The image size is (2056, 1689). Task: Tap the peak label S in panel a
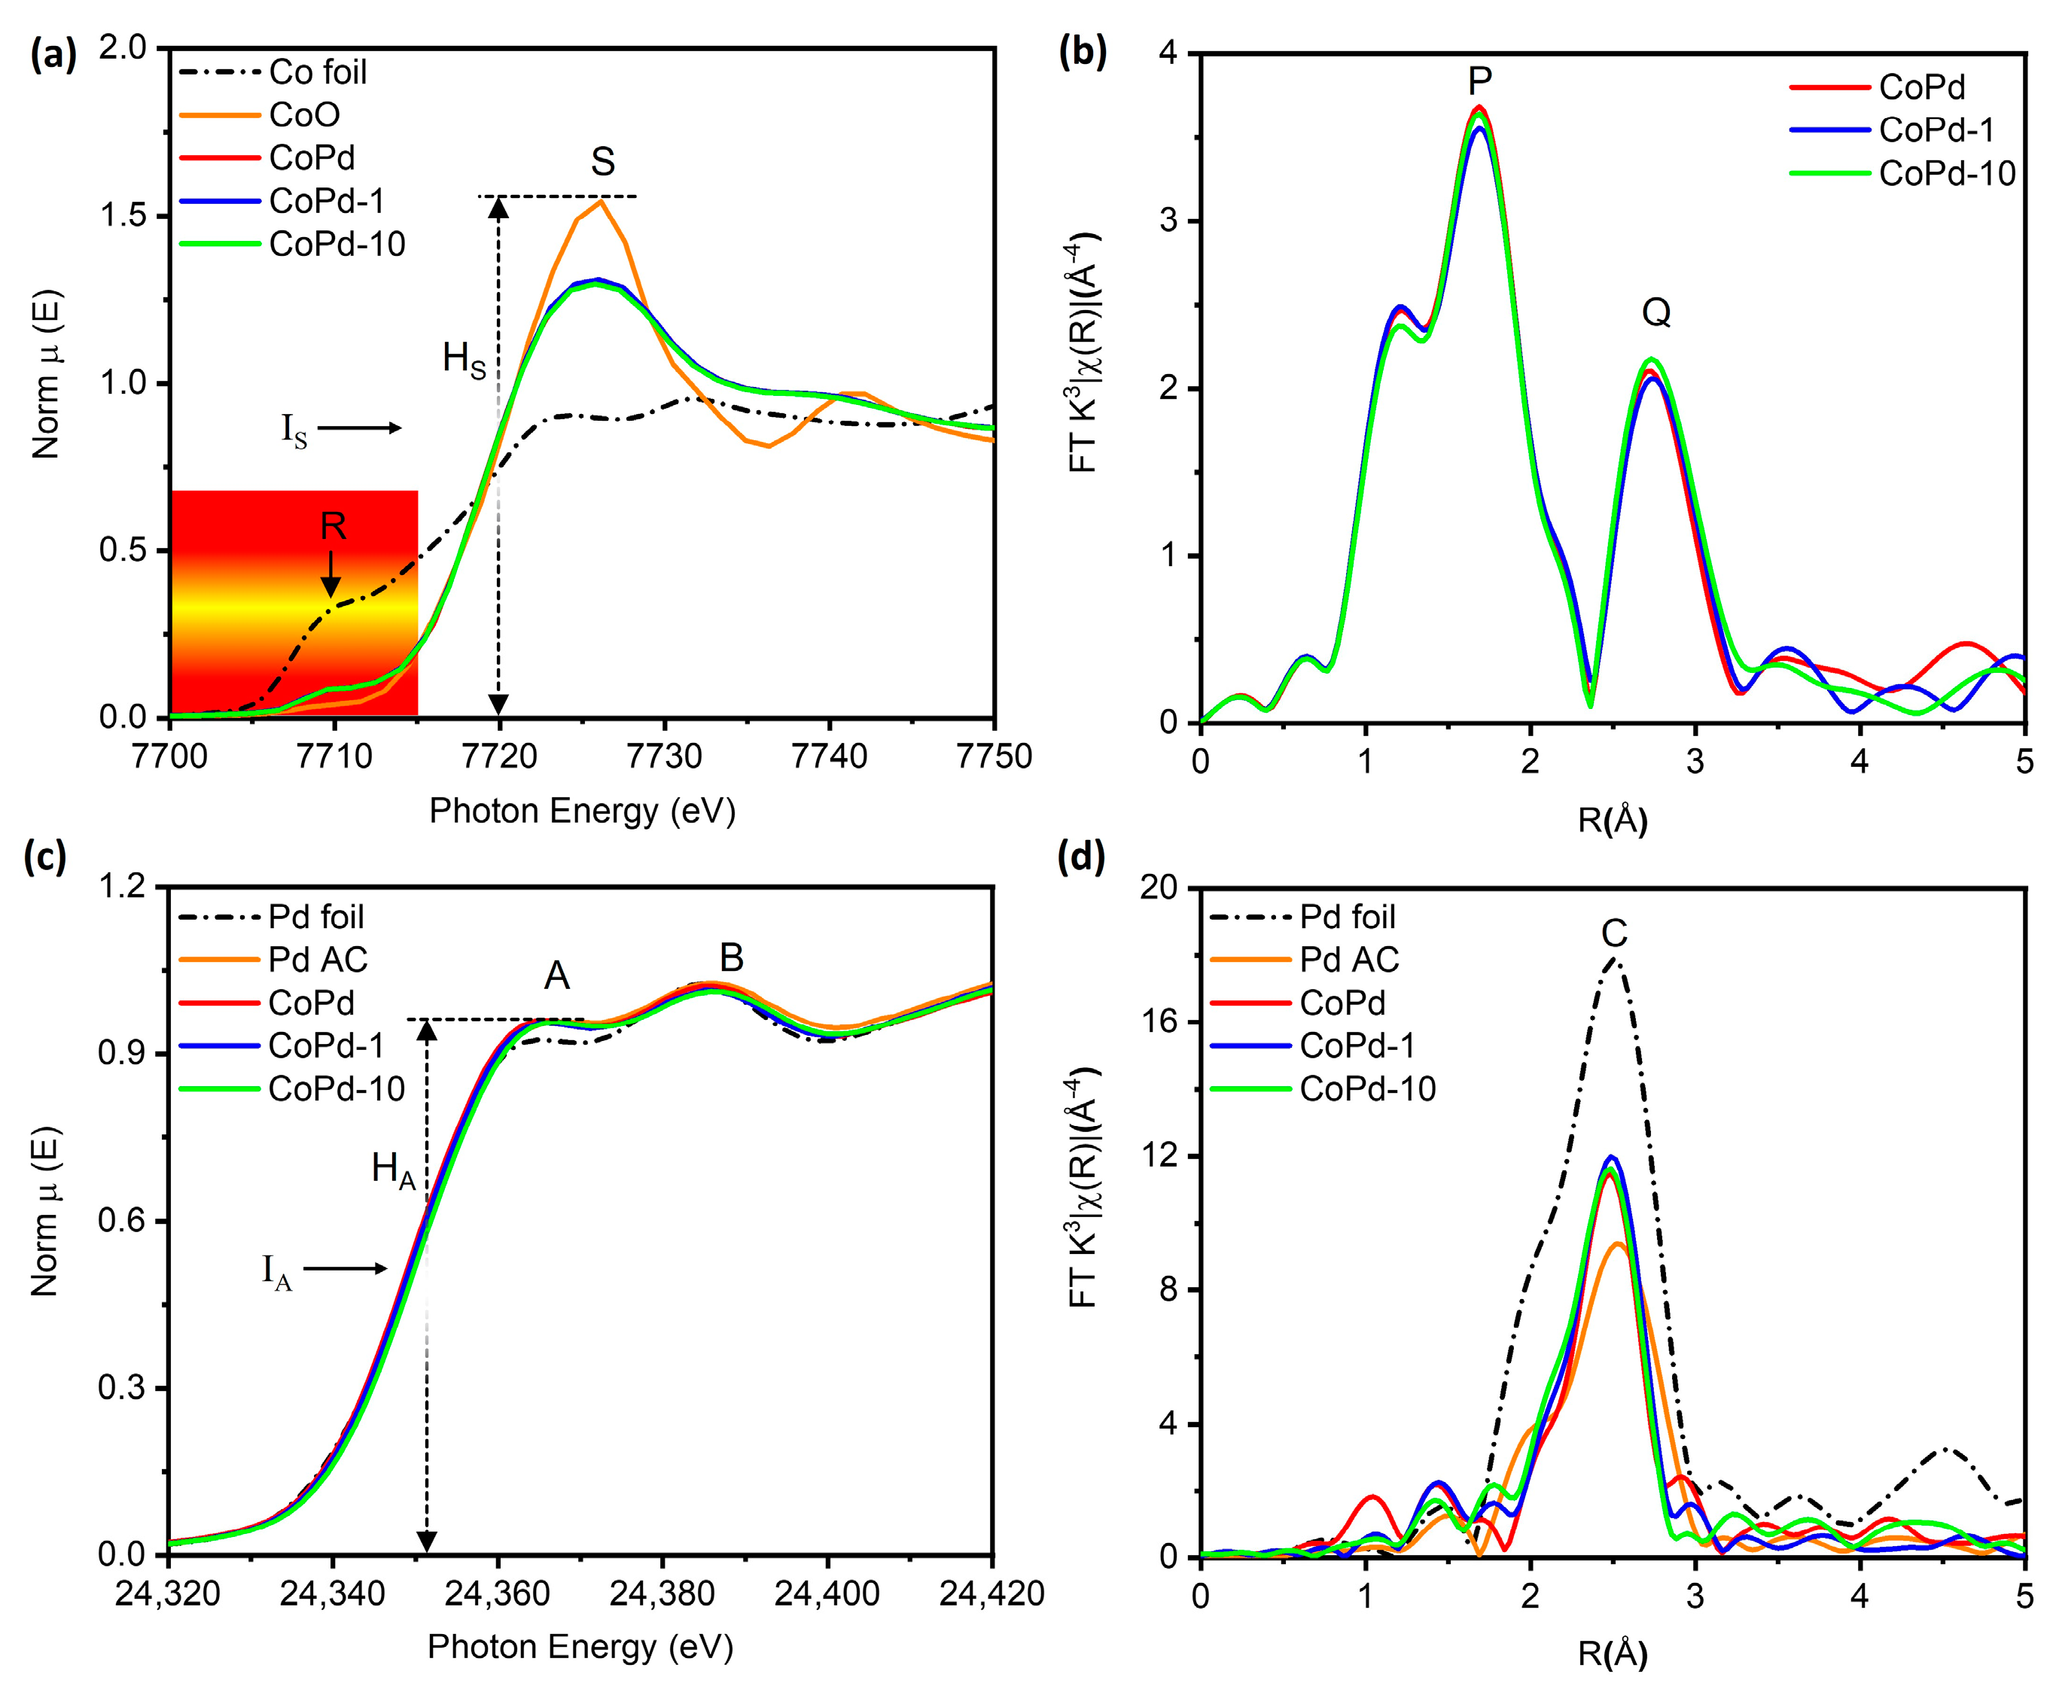(602, 162)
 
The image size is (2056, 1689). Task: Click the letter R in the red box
(333, 526)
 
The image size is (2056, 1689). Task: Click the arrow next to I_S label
(358, 428)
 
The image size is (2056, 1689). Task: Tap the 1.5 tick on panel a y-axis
(124, 215)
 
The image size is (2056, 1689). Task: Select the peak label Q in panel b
(1656, 313)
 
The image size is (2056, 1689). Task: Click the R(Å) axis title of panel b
(1613, 821)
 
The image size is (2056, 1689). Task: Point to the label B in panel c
(731, 957)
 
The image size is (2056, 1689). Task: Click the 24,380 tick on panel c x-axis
(662, 1593)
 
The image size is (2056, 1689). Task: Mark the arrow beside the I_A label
(345, 1269)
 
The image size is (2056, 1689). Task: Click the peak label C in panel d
(1614, 934)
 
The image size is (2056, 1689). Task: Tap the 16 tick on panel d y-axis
(1168, 1021)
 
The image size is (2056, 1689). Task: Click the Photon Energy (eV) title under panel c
(580, 1646)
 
